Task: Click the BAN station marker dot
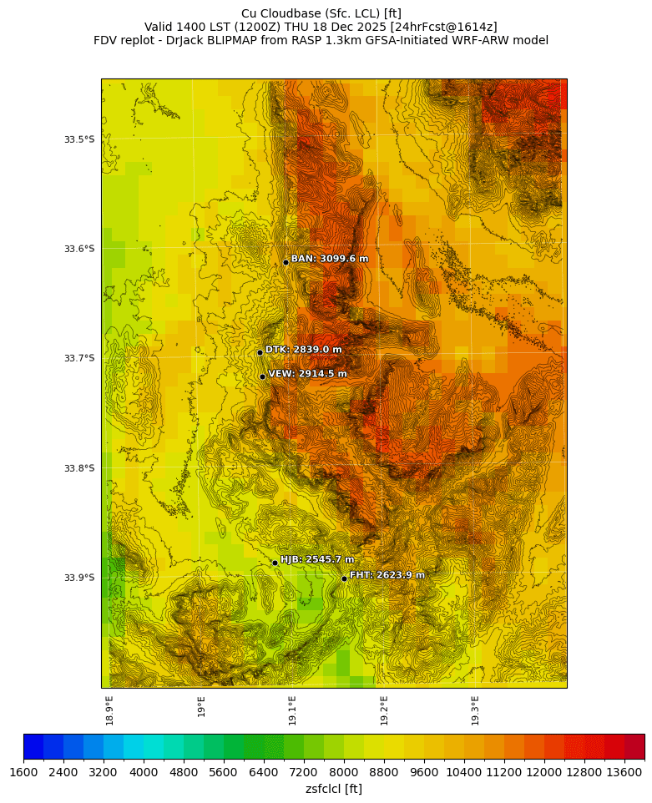tap(286, 262)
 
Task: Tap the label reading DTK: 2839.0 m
tap(303, 350)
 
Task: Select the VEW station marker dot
tap(262, 376)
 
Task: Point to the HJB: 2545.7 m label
tap(317, 559)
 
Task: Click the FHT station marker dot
tap(344, 578)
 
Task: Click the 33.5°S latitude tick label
tap(79, 139)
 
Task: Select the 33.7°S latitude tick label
tap(79, 359)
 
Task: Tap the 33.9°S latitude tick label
tap(79, 578)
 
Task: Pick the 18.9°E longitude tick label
tap(109, 710)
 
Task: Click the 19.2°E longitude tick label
tap(384, 710)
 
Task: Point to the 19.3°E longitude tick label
tap(475, 710)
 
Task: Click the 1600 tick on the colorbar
tap(23, 773)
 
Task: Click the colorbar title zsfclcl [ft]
tap(334, 789)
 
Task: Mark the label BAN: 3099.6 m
tap(329, 259)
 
